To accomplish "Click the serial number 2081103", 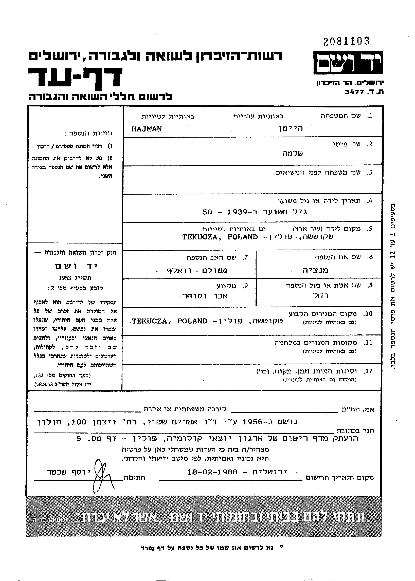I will tap(346, 41).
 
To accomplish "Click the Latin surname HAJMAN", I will tap(147, 129).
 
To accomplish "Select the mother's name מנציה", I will tap(315, 270).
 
